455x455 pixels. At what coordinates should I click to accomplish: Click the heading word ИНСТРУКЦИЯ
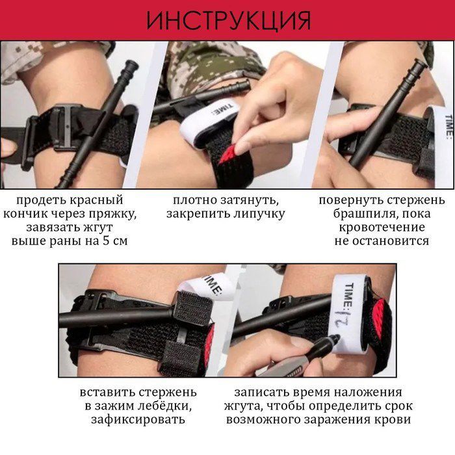[x=229, y=21]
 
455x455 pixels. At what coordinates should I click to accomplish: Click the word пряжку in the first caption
[x=112, y=214]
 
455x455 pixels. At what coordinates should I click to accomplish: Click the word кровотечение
[x=382, y=227]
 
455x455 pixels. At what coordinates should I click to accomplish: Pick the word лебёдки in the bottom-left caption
[x=166, y=406]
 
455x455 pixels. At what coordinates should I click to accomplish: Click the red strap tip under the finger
[x=227, y=154]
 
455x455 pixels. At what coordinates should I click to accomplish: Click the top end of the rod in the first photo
[x=131, y=63]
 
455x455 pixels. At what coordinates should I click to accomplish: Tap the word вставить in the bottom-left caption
[x=107, y=393]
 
